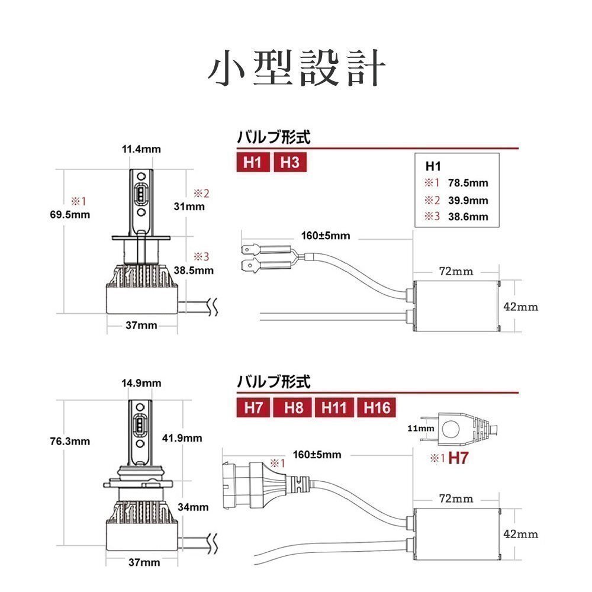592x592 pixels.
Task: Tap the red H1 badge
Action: coord(253,162)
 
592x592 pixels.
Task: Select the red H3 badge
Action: coord(290,162)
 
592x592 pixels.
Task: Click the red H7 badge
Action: coord(253,408)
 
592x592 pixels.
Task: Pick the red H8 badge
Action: coord(293,408)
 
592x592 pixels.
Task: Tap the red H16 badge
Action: coord(376,408)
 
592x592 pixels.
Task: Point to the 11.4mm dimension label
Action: coord(141,149)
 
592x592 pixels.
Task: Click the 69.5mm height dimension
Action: coord(70,215)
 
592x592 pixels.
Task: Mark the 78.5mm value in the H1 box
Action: coord(468,183)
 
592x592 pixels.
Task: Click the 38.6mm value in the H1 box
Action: coord(468,217)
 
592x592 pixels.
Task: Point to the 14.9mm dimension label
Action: coord(141,383)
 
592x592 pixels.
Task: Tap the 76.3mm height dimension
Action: coord(70,441)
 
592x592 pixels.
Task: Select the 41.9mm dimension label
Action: coord(182,438)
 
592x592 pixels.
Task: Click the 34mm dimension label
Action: coord(193,507)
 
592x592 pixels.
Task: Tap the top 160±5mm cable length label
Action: coord(326,236)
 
